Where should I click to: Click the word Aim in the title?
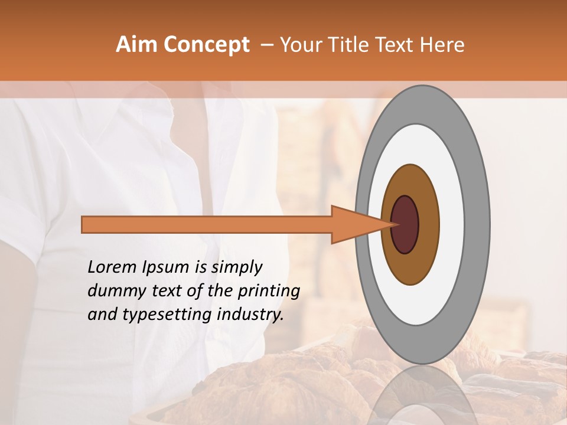pyautogui.click(x=136, y=45)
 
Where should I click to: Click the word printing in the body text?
pyautogui.click(x=268, y=292)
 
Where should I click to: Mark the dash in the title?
pyautogui.click(x=266, y=45)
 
